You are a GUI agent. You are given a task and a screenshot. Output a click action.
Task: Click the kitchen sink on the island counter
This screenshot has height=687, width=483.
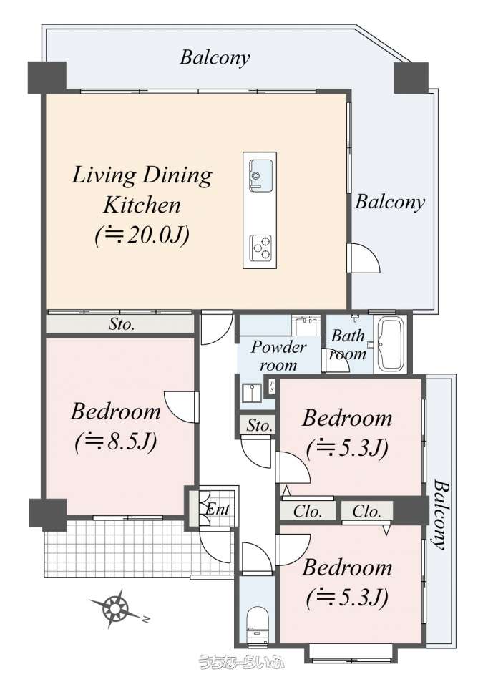point(260,175)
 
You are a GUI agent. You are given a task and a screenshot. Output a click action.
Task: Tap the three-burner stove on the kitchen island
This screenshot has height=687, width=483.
point(260,248)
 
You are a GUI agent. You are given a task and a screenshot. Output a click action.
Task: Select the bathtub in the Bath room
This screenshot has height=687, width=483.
point(391,344)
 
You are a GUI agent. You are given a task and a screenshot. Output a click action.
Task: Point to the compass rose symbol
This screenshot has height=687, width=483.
point(117,608)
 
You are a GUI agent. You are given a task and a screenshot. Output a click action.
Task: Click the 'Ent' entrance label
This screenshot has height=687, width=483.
point(218,509)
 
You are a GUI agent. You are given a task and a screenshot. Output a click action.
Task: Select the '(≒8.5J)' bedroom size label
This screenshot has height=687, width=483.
point(116,442)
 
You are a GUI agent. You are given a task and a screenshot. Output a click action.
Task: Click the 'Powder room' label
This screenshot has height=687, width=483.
point(278,356)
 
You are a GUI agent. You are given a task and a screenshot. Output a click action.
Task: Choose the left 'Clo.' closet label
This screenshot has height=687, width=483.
point(308,511)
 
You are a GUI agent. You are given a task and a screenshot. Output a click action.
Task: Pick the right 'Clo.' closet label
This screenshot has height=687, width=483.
point(366,511)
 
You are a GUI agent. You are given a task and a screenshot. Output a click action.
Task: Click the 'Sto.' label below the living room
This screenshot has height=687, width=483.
point(121,325)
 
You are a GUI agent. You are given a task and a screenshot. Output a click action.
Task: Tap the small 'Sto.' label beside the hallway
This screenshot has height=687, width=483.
point(259,425)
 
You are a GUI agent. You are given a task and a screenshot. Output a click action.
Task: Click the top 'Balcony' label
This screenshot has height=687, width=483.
point(215,57)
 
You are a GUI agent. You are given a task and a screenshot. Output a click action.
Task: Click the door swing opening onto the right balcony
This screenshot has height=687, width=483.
point(363,258)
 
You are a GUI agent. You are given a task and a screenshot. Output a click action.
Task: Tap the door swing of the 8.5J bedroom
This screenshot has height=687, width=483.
point(182,407)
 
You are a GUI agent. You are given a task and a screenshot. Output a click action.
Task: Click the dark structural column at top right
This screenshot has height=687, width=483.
point(411,77)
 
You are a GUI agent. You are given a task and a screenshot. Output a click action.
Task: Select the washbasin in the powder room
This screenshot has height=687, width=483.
point(252,393)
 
